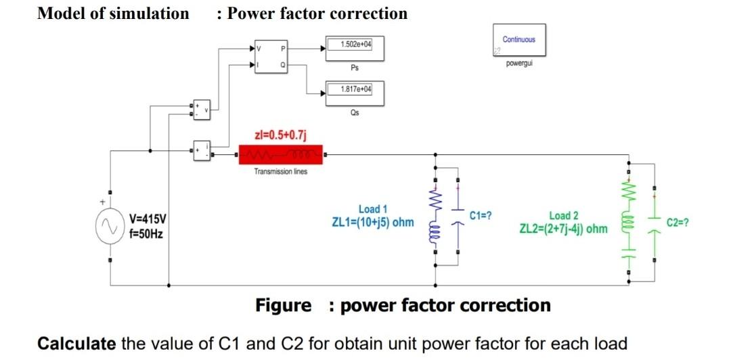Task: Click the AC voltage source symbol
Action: [110, 229]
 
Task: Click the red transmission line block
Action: [280, 155]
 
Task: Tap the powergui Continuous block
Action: [519, 40]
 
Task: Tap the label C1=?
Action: [480, 215]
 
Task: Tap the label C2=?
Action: [678, 222]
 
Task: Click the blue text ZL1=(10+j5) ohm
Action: [372, 222]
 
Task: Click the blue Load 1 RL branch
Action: [435, 217]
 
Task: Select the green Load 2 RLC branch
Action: [629, 220]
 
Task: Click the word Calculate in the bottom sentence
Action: [76, 343]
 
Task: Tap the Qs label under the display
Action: [355, 113]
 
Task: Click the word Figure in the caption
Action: [283, 306]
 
